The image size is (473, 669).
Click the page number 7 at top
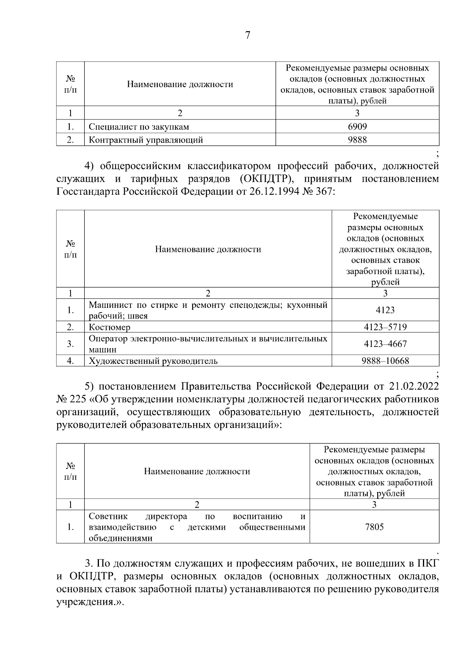pos(248,35)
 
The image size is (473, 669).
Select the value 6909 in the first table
pos(357,127)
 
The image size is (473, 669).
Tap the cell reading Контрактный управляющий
pos(146,140)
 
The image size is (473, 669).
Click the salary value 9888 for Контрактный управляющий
pos(357,140)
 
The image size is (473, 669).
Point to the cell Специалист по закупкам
pos(139,127)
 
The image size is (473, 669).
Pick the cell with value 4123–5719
pos(385,327)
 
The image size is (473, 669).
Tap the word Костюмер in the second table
pos(110,327)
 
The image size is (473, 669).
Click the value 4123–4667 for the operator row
pos(385,344)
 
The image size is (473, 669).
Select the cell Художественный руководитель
pos(153,361)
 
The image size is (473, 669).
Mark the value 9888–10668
pos(385,361)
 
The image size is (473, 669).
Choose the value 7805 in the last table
pos(374,527)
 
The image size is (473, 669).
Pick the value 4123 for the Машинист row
pos(385,310)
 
